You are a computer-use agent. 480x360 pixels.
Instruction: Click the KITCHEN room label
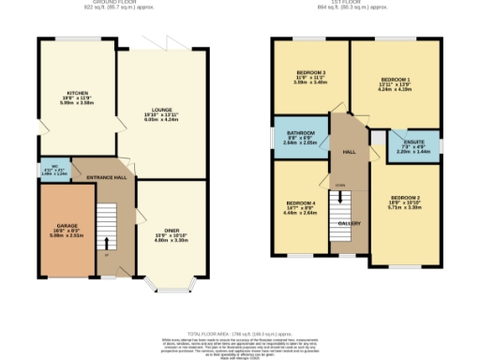click(77, 94)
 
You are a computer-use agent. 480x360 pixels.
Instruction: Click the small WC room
click(54, 171)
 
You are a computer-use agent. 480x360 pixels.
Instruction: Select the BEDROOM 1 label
click(397, 80)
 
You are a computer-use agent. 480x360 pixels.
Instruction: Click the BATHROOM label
click(300, 133)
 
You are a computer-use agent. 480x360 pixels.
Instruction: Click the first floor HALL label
click(348, 151)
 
